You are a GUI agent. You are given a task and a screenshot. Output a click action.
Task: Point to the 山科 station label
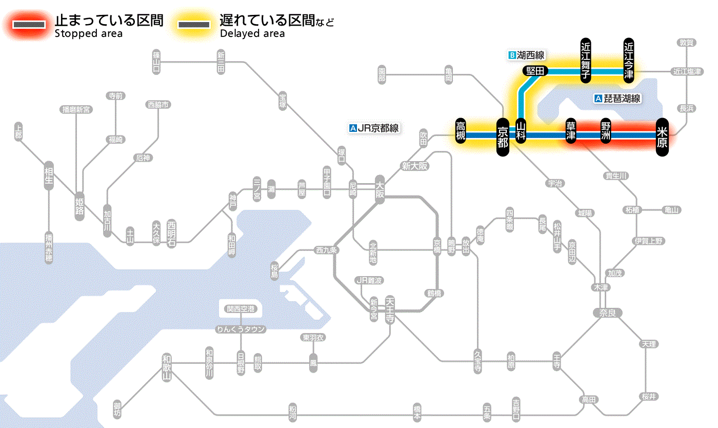[521, 131]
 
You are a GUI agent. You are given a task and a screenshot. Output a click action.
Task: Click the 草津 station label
[570, 132]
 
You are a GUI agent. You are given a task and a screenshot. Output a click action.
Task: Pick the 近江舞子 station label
[585, 60]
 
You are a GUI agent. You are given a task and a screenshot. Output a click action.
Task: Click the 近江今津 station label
[628, 60]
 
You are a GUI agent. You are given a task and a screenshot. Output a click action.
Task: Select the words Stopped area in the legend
[88, 34]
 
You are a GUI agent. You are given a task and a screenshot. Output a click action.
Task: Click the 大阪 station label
[380, 190]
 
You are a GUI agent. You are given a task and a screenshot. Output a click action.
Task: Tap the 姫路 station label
[79, 206]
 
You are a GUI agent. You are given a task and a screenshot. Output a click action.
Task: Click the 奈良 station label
[607, 313]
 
